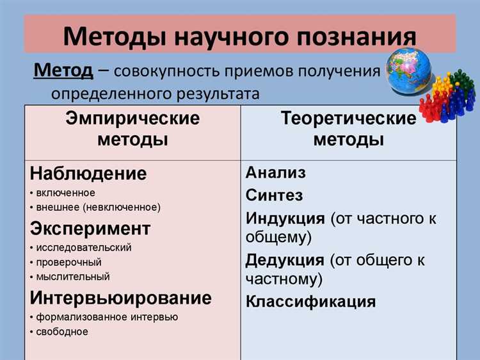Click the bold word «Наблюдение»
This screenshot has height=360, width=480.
pos(88,174)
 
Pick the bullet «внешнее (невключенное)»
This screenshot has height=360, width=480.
pos(97,208)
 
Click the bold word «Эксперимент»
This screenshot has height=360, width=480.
pos(90,229)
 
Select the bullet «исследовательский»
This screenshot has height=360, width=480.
pos(83,247)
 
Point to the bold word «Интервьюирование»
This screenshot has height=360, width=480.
pos(120,298)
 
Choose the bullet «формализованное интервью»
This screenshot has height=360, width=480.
pos(106,316)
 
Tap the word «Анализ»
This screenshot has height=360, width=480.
pos(276,172)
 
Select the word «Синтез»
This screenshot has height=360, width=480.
pos(274,195)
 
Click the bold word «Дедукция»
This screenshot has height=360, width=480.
pos(285,260)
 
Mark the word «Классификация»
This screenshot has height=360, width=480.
pos(310,302)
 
